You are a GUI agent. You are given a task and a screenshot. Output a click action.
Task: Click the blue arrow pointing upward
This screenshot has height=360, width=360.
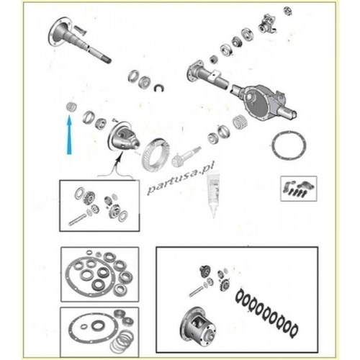click(x=69, y=135)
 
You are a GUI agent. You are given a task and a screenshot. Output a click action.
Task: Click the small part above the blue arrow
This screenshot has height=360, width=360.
click(x=71, y=107)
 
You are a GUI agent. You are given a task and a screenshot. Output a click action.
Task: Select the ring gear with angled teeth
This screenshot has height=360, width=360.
click(x=156, y=154)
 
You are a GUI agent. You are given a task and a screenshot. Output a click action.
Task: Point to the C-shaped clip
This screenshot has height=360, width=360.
click(x=159, y=88)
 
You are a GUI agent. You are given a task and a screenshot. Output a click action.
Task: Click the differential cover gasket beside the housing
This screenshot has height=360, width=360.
click(x=289, y=145)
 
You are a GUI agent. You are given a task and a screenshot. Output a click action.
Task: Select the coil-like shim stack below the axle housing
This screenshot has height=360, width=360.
click(x=240, y=122)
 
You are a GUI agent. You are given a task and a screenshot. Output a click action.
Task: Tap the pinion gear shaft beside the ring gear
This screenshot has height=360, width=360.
click(x=186, y=156)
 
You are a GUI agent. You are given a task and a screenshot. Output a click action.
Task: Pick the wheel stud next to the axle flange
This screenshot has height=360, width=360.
click(x=80, y=30)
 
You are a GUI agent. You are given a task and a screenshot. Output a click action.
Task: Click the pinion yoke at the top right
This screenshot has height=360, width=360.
click(x=267, y=24)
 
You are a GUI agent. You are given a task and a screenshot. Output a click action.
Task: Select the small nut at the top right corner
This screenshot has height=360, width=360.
click(x=287, y=11)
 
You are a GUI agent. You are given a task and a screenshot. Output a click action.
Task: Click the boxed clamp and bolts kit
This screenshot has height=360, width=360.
click(x=299, y=189)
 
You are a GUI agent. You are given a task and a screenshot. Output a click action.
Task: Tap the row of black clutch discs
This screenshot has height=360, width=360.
click(x=266, y=312)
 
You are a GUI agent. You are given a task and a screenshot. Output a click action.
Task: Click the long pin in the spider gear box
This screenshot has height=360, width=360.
click(x=77, y=220)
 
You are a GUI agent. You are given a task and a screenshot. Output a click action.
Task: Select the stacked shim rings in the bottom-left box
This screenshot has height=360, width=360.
click(x=122, y=341)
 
